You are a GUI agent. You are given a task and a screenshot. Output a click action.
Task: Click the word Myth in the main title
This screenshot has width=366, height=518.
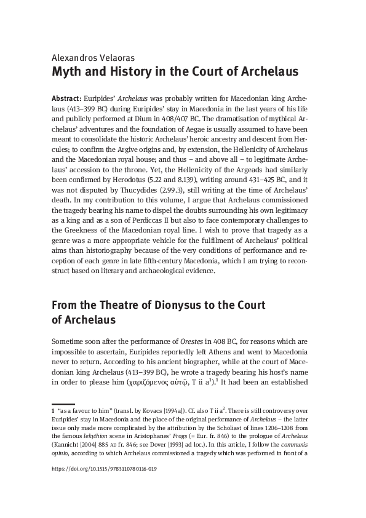click(x=69, y=72)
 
